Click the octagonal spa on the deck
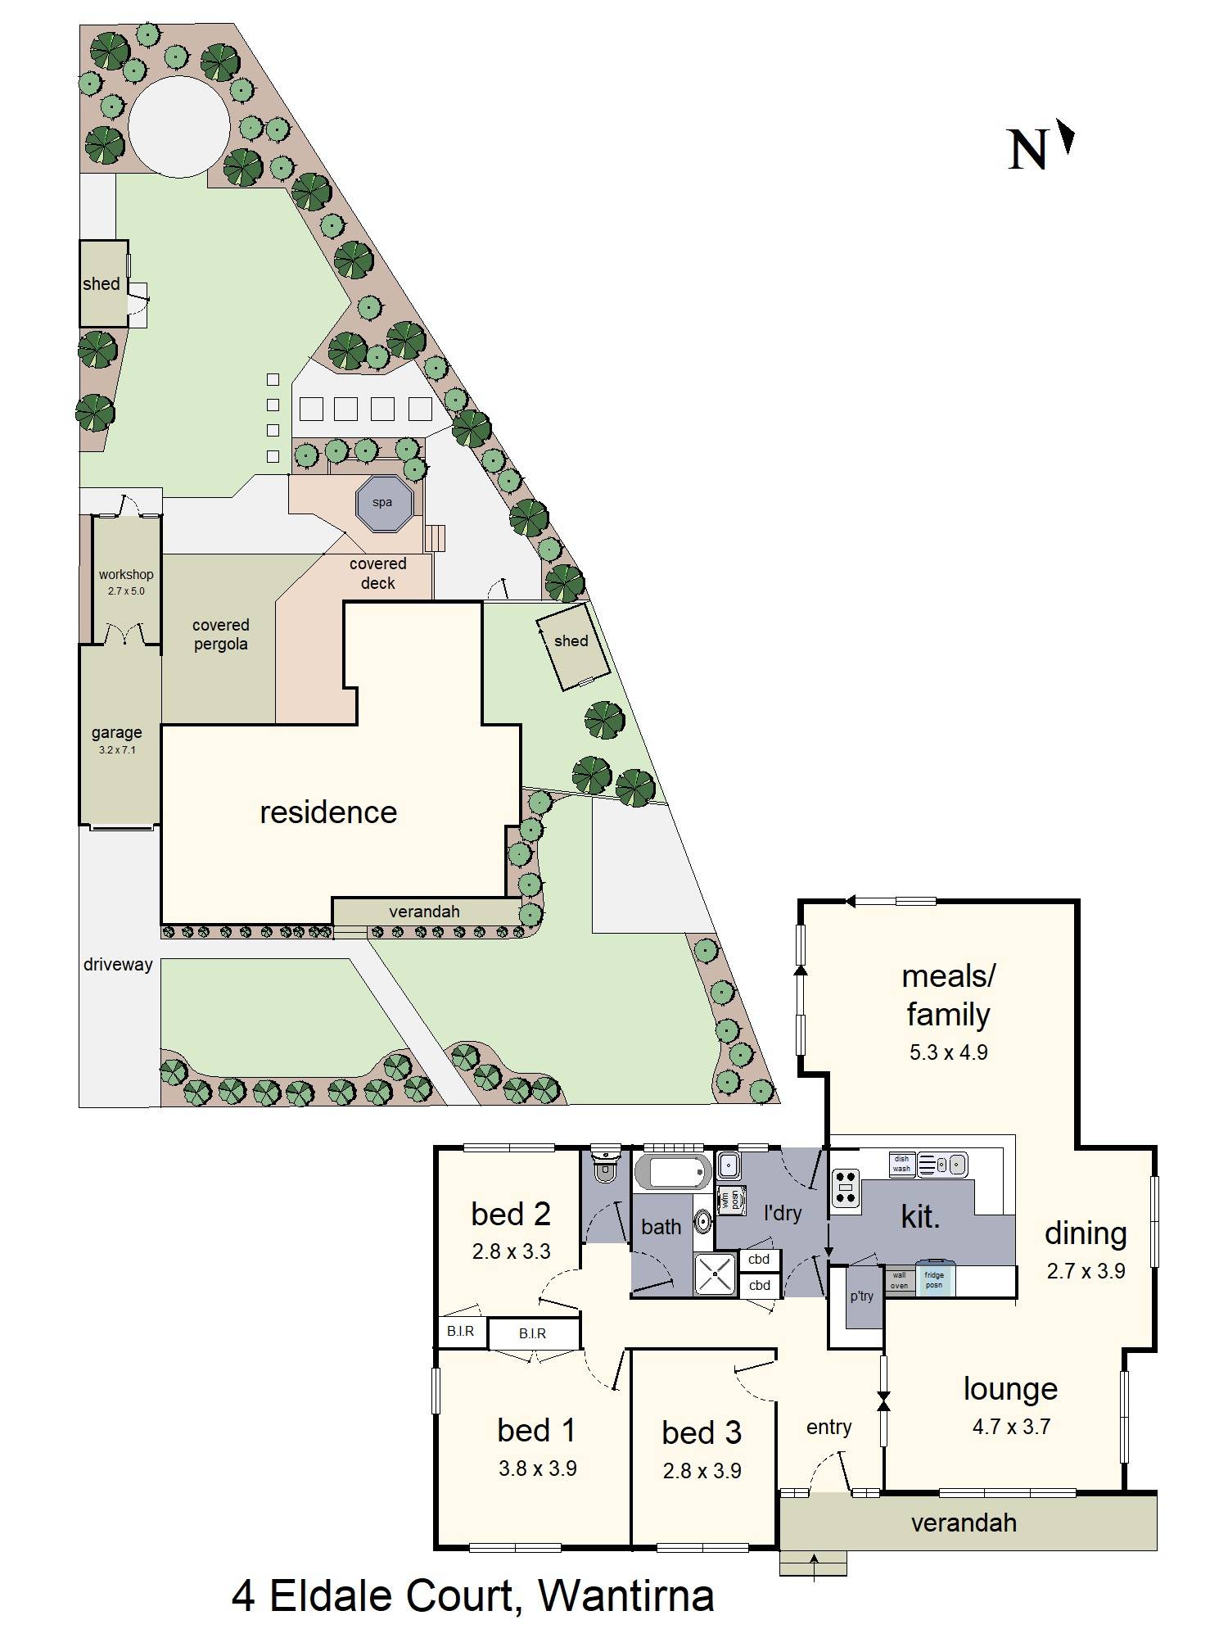point(382,503)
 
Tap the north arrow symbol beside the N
point(1065,137)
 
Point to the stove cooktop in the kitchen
point(846,1188)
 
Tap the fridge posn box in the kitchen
point(934,1279)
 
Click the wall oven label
point(899,1280)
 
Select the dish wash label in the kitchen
point(901,1164)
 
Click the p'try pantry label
point(862,1296)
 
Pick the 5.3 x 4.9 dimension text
point(948,1052)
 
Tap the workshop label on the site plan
point(126,575)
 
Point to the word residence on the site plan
point(328,812)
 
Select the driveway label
point(118,965)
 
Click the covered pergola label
point(220,635)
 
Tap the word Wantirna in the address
point(626,1595)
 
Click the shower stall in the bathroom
point(716,1274)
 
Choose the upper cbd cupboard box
point(759,1260)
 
